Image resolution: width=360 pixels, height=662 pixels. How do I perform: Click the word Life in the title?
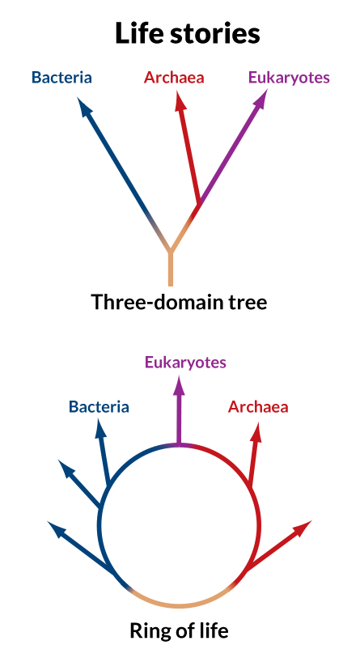coord(140,33)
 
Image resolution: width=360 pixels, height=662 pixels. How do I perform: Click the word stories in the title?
coord(215,34)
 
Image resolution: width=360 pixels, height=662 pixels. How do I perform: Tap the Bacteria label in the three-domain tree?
coord(62,78)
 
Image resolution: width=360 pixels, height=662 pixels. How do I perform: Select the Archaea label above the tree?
coord(174,78)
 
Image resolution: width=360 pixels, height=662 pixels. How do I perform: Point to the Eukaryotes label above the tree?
coord(289,79)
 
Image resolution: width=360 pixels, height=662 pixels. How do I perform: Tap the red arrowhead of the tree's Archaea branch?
coord(180,101)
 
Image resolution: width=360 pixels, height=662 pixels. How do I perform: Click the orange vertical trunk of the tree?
coord(170,269)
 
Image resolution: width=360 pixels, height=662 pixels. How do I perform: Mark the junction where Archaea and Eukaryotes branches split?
coord(199,203)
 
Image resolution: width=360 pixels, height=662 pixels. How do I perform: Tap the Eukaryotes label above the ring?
coord(185,363)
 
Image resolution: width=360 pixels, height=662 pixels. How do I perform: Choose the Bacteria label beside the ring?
coord(99,407)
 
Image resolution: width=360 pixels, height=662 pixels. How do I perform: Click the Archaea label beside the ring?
coord(258,407)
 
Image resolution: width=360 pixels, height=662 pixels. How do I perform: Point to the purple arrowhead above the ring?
coord(180,386)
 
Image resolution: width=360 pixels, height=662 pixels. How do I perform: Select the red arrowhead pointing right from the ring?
coord(303,528)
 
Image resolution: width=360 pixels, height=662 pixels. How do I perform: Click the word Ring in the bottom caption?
coord(146,631)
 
